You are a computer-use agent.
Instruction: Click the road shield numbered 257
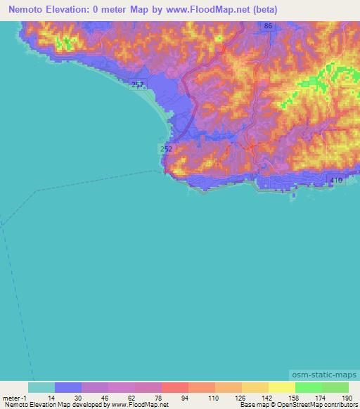click(137, 84)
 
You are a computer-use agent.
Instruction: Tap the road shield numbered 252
click(166, 149)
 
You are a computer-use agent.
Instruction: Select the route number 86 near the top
click(268, 26)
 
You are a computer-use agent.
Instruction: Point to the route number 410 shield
click(336, 181)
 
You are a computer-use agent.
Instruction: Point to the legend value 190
click(345, 398)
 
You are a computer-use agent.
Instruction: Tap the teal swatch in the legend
click(41, 387)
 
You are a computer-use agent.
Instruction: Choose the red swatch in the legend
click(174, 387)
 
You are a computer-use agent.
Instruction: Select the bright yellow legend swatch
click(281, 387)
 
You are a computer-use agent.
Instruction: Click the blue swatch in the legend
click(68, 387)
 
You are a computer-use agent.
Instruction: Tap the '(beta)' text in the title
click(265, 10)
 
